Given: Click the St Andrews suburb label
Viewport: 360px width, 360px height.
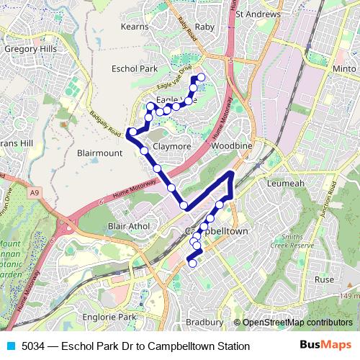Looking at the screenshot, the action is [x=258, y=13].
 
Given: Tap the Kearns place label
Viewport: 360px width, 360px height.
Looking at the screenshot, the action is [x=135, y=26].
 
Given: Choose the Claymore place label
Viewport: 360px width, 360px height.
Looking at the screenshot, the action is [x=171, y=146].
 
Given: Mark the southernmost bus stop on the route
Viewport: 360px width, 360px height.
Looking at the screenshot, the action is [x=192, y=264].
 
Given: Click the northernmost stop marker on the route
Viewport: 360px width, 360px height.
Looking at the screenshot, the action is [x=201, y=77].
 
